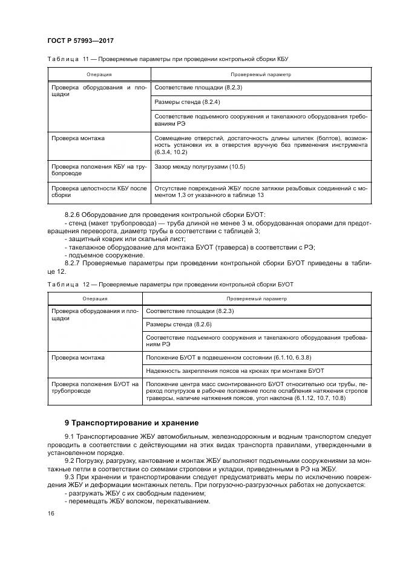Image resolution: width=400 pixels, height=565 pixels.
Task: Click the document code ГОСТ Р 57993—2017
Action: coord(80,40)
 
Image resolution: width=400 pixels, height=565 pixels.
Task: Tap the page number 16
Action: coord(51,513)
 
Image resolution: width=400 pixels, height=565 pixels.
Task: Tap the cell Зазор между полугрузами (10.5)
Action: coord(200,166)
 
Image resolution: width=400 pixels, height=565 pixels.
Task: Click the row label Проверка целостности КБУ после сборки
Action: coord(99,192)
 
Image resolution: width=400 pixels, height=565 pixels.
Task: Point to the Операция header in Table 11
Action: coord(99,74)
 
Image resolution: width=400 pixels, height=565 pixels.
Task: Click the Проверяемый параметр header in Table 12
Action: coord(257,298)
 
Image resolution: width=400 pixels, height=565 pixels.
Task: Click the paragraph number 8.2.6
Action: coord(72,215)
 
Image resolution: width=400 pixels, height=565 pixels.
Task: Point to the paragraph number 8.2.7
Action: coord(72,263)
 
